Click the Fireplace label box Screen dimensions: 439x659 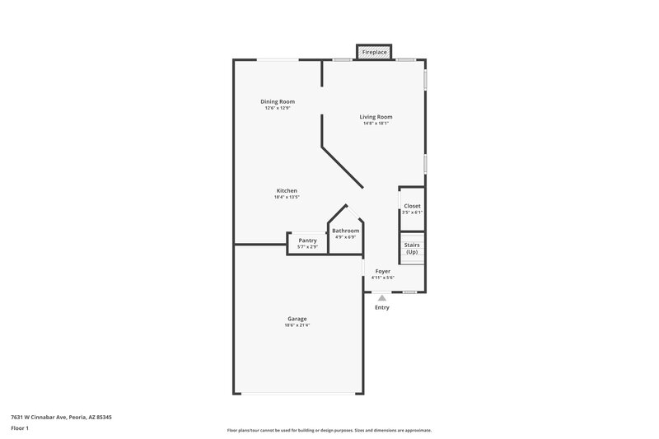pos(375,53)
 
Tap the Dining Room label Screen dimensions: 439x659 pos(279,102)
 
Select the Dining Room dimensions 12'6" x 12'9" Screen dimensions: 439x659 pos(279,109)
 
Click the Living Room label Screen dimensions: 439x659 pos(376,117)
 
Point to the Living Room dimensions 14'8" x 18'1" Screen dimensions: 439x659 pos(376,124)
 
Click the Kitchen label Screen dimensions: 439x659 pos(287,191)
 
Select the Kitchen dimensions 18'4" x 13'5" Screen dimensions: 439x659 pos(287,198)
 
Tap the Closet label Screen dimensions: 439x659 pos(412,206)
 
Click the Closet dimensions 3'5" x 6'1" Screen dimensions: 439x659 pos(412,212)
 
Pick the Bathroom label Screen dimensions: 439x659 pos(346,231)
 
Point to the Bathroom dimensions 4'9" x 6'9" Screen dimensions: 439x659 pos(346,237)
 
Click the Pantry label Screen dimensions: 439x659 pos(308,240)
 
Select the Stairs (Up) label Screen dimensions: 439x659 pos(412,248)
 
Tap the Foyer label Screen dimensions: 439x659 pos(383,271)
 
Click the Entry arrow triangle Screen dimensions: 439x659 pos(382,297)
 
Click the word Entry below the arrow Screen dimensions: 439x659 pos(382,307)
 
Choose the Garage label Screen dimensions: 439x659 pos(297,319)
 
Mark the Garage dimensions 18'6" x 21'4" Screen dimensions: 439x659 pos(297,325)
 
